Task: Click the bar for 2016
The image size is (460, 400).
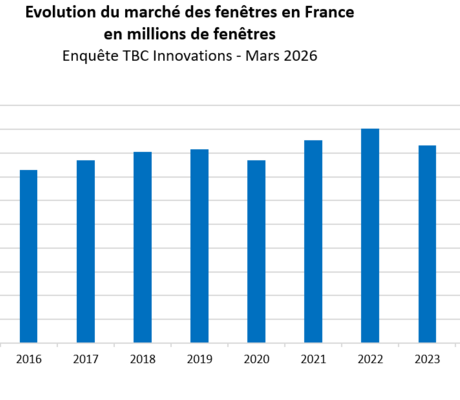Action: click(28, 256)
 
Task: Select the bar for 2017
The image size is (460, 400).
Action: click(85, 251)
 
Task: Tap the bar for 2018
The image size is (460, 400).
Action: click(142, 247)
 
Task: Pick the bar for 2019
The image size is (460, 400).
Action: click(199, 246)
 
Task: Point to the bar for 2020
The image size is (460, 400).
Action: click(256, 251)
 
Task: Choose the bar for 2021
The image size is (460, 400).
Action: click(313, 241)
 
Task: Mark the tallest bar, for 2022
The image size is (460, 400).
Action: click(370, 235)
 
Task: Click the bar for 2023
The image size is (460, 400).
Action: click(427, 244)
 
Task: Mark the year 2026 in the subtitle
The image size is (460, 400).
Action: click(298, 56)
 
